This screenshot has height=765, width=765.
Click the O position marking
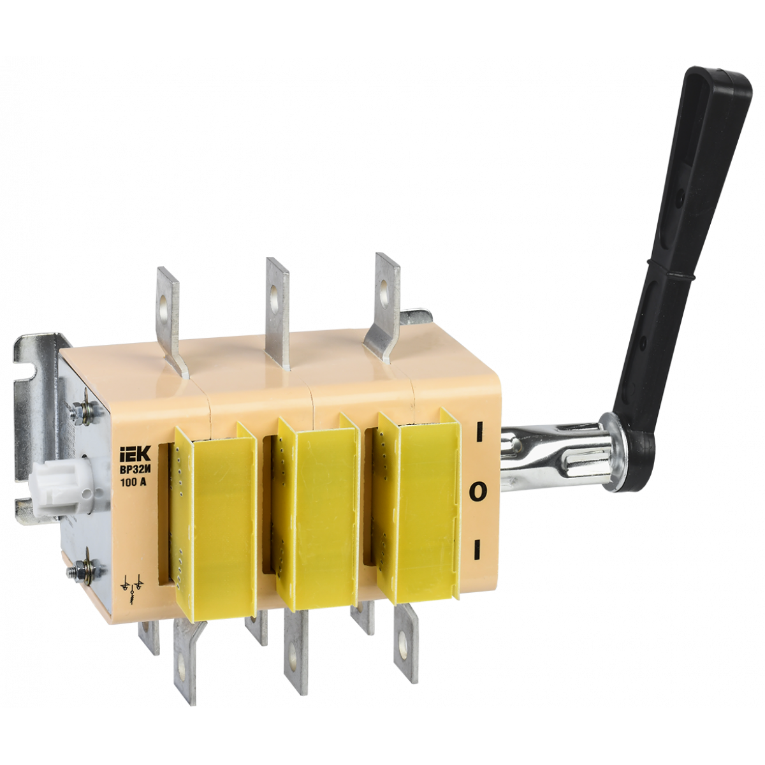(x=479, y=492)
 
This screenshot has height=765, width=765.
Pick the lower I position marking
(x=477, y=550)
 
